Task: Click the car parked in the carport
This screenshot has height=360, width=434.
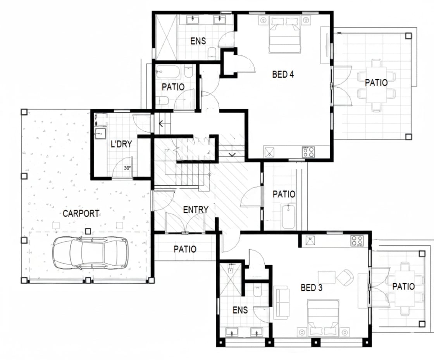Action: pyautogui.click(x=91, y=253)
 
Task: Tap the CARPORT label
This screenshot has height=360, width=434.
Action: pyautogui.click(x=81, y=214)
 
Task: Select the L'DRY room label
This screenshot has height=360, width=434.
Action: pyautogui.click(x=121, y=144)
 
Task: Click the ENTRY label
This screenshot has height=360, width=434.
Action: pyautogui.click(x=196, y=210)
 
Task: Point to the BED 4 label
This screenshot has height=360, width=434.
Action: pyautogui.click(x=283, y=74)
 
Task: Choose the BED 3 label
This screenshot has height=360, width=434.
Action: pyautogui.click(x=312, y=288)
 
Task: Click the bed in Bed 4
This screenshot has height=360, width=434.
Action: pyautogui.click(x=284, y=34)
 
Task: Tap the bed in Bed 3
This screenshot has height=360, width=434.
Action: pyautogui.click(x=323, y=318)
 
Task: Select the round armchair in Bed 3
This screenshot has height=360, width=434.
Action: pyautogui.click(x=345, y=277)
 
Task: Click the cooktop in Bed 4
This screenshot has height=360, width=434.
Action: pyautogui.click(x=308, y=152)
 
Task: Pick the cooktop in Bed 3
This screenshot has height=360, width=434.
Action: pyautogui.click(x=357, y=241)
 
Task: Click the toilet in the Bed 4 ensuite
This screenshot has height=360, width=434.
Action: pyautogui.click(x=212, y=53)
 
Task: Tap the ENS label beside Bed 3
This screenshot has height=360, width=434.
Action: pyautogui.click(x=240, y=310)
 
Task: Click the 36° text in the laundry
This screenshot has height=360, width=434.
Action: pyautogui.click(x=127, y=168)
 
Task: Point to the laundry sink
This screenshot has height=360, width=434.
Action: pyautogui.click(x=100, y=133)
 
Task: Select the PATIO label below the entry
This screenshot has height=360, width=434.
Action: pyautogui.click(x=185, y=249)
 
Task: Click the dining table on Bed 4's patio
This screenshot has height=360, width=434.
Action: pyautogui.click(x=376, y=85)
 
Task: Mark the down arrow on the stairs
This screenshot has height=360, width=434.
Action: pyautogui.click(x=232, y=153)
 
